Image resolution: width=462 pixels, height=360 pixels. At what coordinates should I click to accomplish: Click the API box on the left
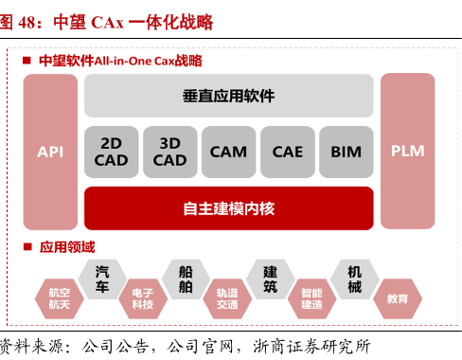click(50, 152)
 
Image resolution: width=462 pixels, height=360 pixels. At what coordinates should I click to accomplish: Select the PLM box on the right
click(408, 152)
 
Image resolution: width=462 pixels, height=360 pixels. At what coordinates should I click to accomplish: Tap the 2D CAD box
click(111, 152)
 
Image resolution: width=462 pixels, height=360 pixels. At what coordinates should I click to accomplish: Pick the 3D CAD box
click(169, 152)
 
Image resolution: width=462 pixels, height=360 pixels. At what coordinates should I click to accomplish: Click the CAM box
click(228, 152)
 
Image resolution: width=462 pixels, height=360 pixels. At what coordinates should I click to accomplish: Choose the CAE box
click(287, 152)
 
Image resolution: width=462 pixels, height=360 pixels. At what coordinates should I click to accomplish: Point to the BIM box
click(346, 152)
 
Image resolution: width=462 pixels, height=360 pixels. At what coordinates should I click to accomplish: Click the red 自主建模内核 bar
click(228, 207)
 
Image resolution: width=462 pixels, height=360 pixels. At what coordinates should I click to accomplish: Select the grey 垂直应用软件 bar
click(228, 96)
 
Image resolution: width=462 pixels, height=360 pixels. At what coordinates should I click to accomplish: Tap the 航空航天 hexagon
click(59, 299)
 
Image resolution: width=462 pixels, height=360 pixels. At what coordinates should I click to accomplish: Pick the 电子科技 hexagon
click(143, 299)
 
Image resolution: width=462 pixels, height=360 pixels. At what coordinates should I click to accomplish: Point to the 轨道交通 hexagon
click(227, 299)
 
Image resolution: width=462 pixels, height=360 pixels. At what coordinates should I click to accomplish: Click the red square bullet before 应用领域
click(28, 248)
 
